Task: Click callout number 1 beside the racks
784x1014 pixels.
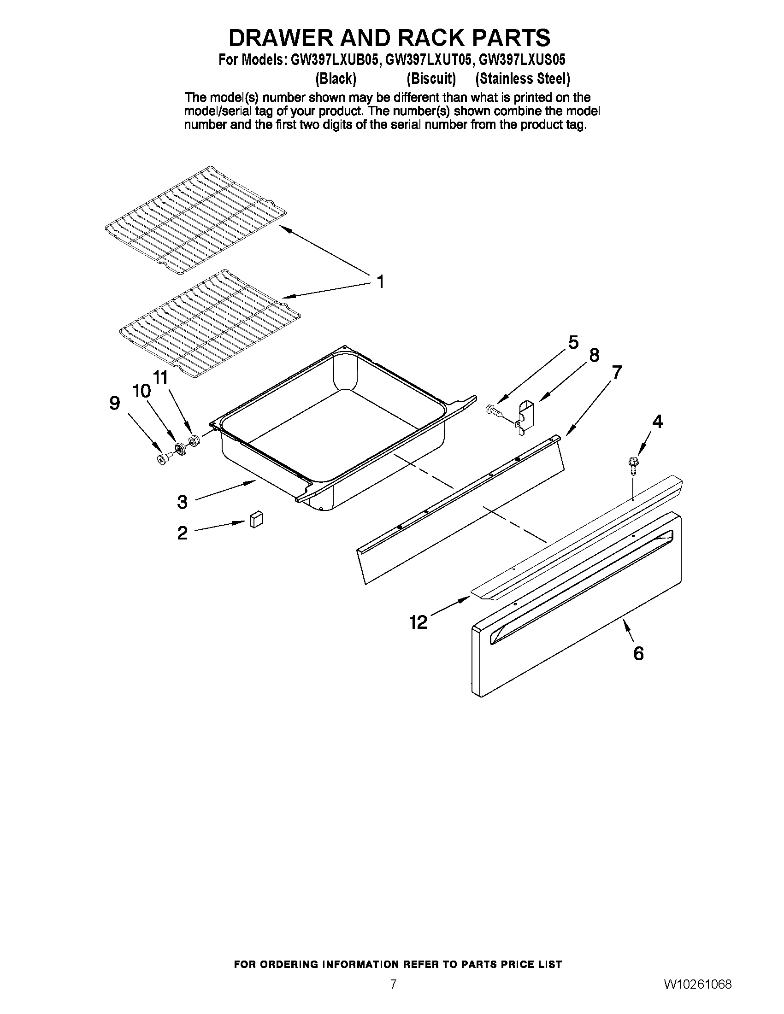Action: click(x=380, y=281)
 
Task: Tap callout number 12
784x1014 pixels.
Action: click(x=418, y=622)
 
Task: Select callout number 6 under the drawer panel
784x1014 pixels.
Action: click(x=639, y=654)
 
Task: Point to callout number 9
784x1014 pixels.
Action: click(x=115, y=403)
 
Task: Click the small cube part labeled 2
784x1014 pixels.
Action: click(x=256, y=519)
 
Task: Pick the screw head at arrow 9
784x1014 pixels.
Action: click(x=163, y=459)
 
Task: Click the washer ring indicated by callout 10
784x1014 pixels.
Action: click(x=180, y=449)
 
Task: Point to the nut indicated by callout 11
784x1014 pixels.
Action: click(x=194, y=440)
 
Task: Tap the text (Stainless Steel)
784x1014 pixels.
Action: click(x=523, y=79)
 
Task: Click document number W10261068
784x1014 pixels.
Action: click(x=698, y=983)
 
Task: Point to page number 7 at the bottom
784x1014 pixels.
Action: click(x=393, y=983)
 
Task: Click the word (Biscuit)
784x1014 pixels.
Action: click(x=431, y=79)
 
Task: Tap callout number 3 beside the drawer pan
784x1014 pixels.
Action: click(x=182, y=502)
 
